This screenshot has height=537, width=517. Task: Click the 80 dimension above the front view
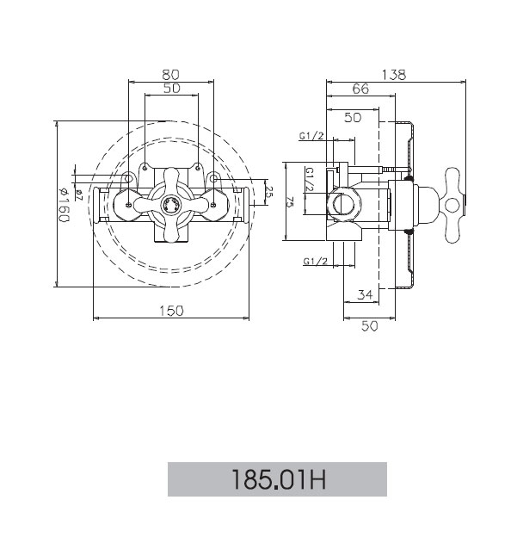tap(170, 74)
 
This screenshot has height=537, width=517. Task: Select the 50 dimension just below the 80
tap(171, 89)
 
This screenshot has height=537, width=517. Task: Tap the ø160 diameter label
tap(64, 205)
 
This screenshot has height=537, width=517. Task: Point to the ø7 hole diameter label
tap(79, 194)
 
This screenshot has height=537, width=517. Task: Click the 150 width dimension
tap(171, 311)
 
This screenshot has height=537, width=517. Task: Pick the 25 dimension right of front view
tap(269, 193)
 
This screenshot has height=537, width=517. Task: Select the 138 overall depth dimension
tap(394, 75)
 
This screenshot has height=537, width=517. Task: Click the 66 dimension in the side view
tap(361, 89)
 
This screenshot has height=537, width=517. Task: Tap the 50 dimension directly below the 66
tap(353, 117)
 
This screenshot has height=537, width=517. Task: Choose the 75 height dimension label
tap(291, 203)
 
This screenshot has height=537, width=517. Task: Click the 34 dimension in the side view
tap(365, 294)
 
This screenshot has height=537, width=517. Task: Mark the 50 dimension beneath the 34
tap(369, 326)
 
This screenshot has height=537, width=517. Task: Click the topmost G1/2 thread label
tap(311, 136)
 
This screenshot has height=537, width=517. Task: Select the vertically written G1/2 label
tap(310, 180)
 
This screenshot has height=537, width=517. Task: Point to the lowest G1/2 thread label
tap(316, 262)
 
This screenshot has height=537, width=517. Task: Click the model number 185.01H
tap(279, 479)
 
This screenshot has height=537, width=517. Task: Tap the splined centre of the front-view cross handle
tap(170, 205)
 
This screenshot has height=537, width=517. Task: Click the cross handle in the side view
tap(452, 205)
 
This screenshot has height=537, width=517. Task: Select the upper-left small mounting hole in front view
tap(145, 168)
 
